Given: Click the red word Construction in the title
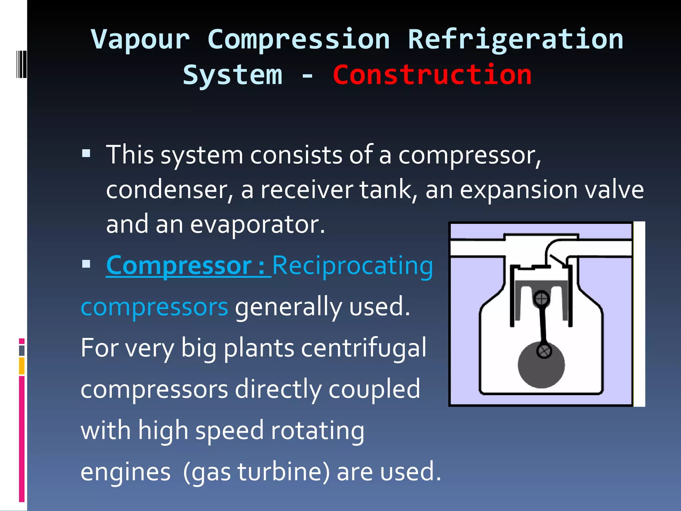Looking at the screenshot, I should [432, 75].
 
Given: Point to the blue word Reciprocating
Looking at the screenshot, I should [352, 266].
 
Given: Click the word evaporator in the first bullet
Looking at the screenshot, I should [257, 225].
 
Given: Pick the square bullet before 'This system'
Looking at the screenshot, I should [86, 153].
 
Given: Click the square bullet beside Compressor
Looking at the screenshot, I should [86, 264].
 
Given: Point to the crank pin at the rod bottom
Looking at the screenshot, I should [544, 351].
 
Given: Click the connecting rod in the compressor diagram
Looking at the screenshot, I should [543, 324].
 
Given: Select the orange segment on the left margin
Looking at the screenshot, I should [22, 366].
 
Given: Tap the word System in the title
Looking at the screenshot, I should [232, 75].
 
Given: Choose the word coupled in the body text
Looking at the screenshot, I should [374, 389].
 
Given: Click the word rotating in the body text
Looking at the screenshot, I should [318, 430].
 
